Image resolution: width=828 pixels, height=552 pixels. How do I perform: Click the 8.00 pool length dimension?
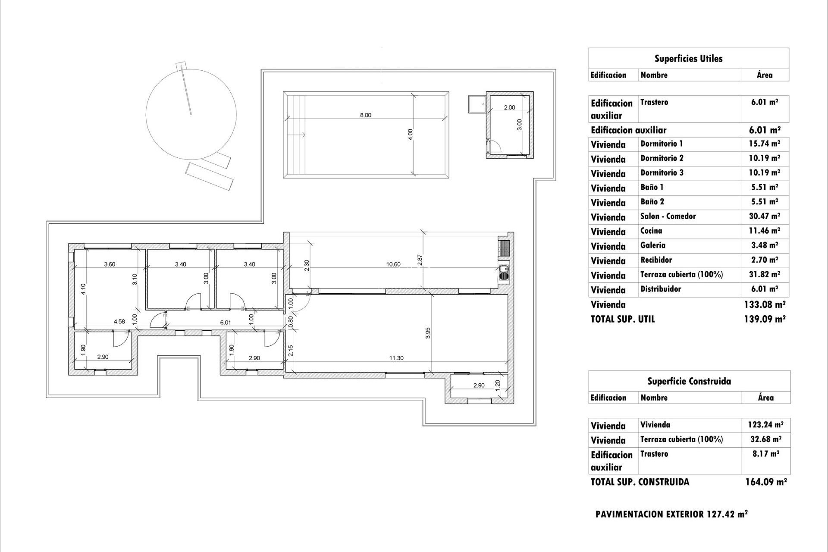click(x=365, y=115)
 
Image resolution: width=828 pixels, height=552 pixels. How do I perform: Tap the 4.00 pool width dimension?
click(x=411, y=134)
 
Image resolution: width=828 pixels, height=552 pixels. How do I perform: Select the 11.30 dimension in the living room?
click(x=396, y=358)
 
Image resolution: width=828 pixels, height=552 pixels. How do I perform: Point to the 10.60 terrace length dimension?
click(x=393, y=264)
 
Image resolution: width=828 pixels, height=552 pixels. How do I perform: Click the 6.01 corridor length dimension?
click(x=226, y=322)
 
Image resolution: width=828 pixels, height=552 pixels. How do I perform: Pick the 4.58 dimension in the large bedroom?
click(x=119, y=321)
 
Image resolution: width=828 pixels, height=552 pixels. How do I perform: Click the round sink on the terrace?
click(x=503, y=271)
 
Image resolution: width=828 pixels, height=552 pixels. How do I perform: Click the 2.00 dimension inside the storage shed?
click(x=509, y=107)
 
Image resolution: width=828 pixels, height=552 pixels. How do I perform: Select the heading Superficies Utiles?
click(x=688, y=59)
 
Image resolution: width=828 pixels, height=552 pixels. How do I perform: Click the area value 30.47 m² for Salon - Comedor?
click(x=764, y=216)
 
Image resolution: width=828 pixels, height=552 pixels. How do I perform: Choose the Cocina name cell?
click(x=651, y=231)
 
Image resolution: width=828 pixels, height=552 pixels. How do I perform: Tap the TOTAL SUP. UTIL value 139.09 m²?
click(x=764, y=319)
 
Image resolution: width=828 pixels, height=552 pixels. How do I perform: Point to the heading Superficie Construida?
click(x=689, y=381)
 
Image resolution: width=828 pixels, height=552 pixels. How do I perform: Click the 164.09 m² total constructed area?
click(x=765, y=482)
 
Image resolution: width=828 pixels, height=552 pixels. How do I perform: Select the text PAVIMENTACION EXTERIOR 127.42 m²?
click(x=671, y=514)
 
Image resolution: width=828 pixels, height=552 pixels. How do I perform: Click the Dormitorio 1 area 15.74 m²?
click(x=764, y=144)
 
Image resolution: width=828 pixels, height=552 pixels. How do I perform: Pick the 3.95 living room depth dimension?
click(x=428, y=333)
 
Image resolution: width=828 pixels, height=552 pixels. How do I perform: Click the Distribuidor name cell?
click(x=660, y=289)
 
